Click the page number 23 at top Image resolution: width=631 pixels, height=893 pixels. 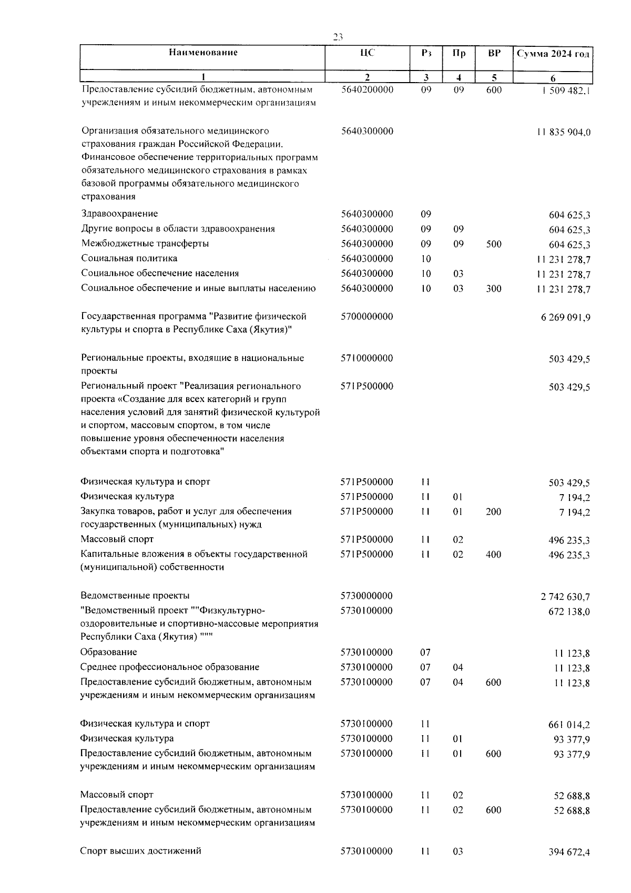pos(338,37)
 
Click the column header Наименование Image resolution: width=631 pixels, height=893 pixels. pos(203,53)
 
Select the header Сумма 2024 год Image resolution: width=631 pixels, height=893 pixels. pos(553,54)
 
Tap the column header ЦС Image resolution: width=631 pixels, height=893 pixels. pos(367,53)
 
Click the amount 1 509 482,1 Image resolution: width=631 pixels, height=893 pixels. pos(561,91)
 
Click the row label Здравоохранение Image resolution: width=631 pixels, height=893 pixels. pos(120,214)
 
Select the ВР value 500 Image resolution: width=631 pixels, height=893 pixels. pos(494,244)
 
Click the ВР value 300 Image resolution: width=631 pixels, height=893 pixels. pos(494,289)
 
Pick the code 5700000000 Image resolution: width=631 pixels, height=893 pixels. pos(367,317)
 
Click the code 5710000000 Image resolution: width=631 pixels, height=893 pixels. pos(367,358)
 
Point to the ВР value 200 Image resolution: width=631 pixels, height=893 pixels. pos(493,511)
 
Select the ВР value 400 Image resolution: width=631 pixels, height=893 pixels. pos(493,554)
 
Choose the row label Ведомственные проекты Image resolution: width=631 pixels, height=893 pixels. pos(135,596)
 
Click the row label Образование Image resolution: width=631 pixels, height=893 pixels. pos(108,653)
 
